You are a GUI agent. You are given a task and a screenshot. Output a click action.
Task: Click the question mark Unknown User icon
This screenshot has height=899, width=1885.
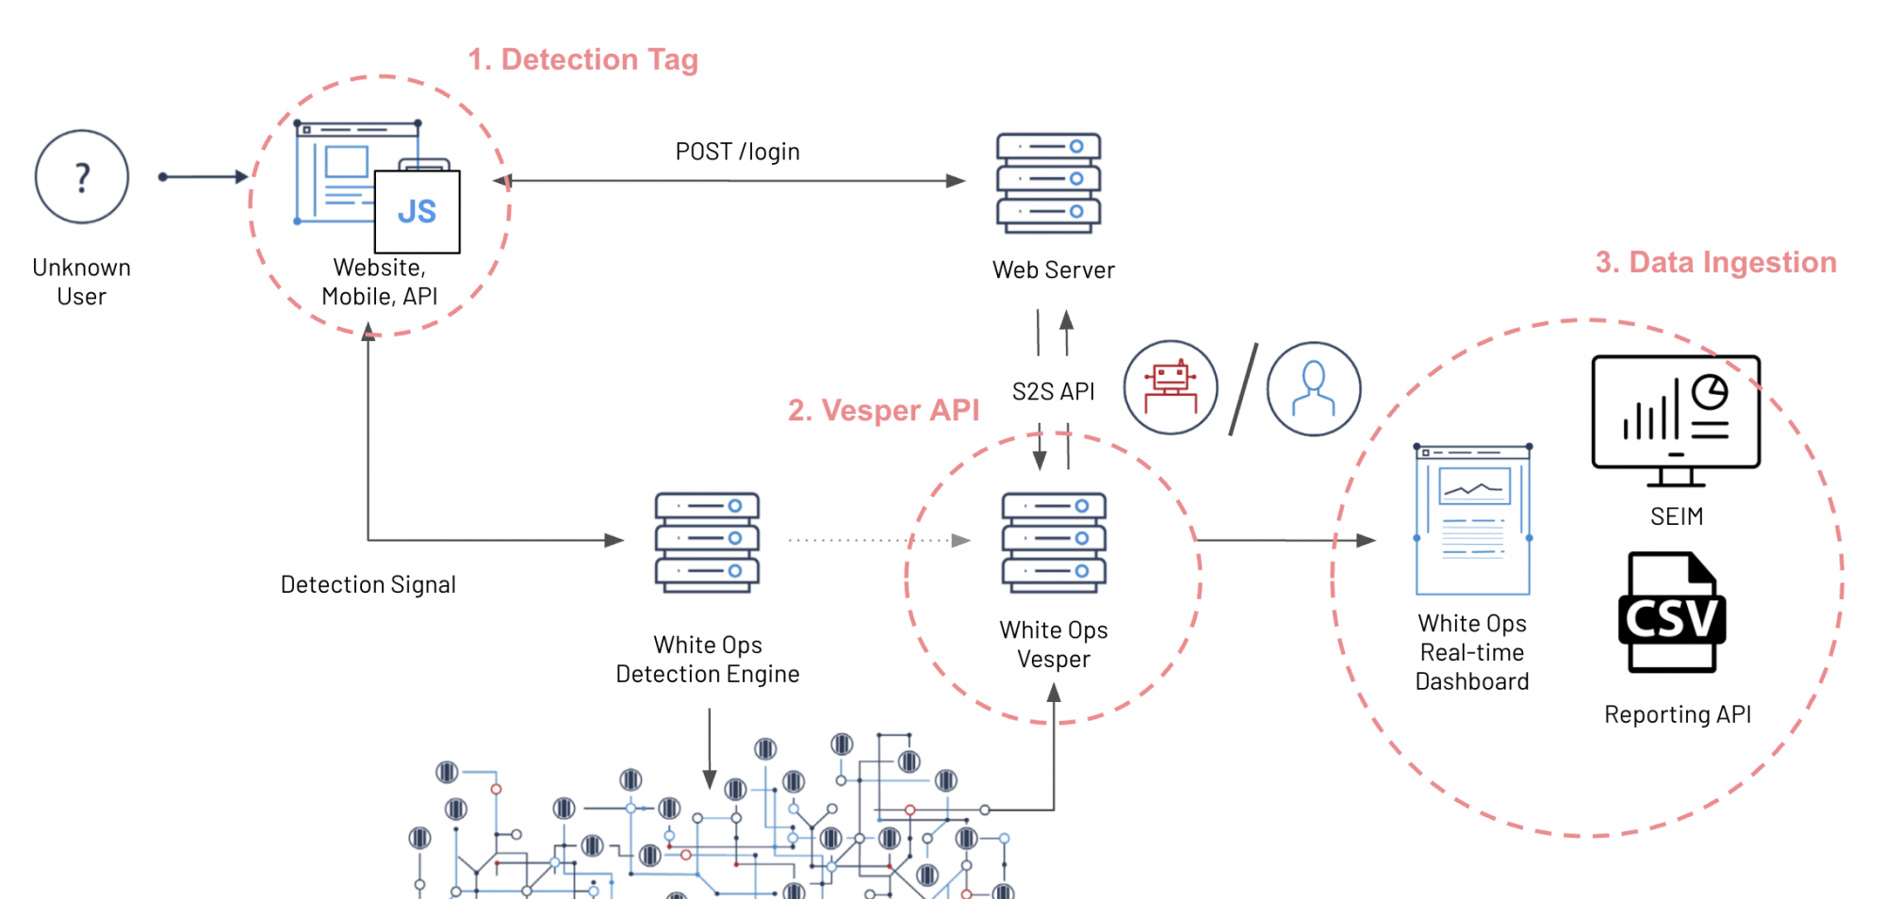tap(82, 177)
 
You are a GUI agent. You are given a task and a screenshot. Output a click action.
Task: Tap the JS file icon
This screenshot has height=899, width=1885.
tap(418, 211)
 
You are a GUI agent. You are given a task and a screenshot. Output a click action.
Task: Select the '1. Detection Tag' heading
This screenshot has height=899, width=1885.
tap(583, 59)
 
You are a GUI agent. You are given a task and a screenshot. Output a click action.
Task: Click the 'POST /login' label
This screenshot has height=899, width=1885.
tap(737, 152)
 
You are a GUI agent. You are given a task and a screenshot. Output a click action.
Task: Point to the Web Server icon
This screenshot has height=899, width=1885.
tap(1049, 183)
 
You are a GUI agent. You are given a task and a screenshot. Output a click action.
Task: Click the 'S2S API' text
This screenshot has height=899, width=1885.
tap(1053, 391)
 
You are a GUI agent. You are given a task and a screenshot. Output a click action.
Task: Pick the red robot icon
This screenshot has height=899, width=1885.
tap(1171, 387)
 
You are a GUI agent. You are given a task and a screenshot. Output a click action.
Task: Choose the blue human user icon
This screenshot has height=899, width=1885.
tap(1313, 388)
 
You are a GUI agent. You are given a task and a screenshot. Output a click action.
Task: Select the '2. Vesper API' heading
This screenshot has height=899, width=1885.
tap(883, 410)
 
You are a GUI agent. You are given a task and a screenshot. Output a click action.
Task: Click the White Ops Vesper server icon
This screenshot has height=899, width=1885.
tap(1054, 543)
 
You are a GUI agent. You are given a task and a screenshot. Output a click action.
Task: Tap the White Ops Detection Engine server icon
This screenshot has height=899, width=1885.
tap(708, 543)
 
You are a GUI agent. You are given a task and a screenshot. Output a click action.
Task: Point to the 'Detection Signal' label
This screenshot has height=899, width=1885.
tap(368, 585)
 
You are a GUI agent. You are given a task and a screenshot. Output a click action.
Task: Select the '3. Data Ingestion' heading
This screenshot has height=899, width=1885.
tap(1715, 262)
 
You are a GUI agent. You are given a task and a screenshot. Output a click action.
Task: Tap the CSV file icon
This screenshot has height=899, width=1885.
tap(1672, 613)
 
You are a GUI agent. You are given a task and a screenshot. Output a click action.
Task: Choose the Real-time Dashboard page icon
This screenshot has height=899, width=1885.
tap(1472, 520)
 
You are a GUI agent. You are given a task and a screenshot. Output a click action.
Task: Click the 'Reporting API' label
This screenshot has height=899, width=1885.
tap(1678, 715)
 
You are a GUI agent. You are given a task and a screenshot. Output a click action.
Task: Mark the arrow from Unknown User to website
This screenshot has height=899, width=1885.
tap(203, 176)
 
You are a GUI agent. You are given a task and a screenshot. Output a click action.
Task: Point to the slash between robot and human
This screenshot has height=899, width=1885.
tap(1243, 389)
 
